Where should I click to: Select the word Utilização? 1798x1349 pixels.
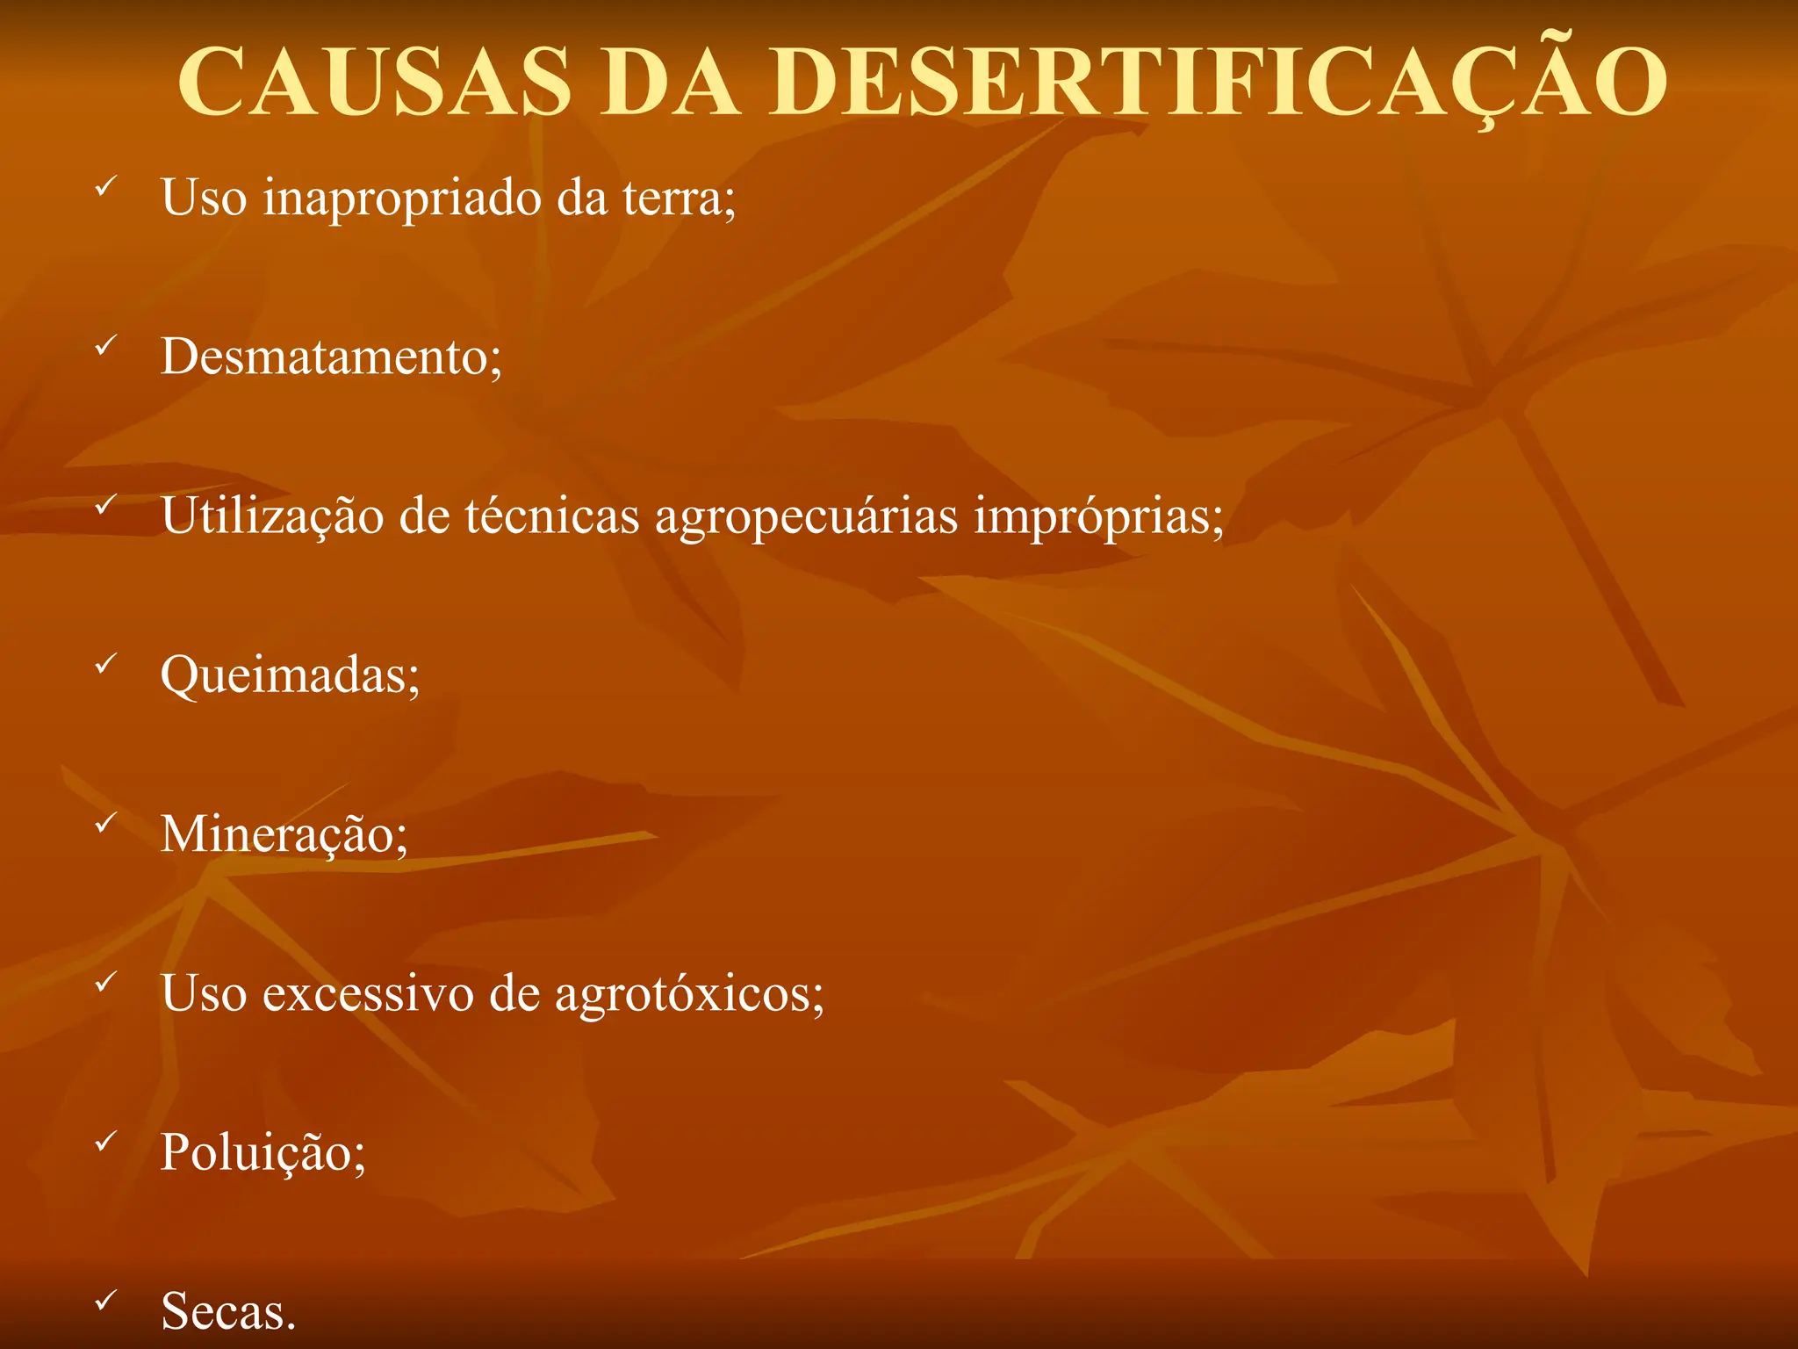point(272,516)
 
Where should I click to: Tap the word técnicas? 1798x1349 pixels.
point(552,516)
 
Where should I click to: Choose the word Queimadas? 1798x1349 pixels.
point(289,676)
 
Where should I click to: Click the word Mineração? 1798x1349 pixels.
point(283,834)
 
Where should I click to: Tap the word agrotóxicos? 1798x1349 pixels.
point(688,995)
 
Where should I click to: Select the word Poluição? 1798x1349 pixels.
point(262,1152)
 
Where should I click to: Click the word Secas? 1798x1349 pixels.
point(227,1311)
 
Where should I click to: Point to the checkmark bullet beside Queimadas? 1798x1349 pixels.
point(106,665)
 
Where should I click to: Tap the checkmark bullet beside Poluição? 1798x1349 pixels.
point(106,1141)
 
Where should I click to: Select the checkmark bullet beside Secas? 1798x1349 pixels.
point(106,1300)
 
